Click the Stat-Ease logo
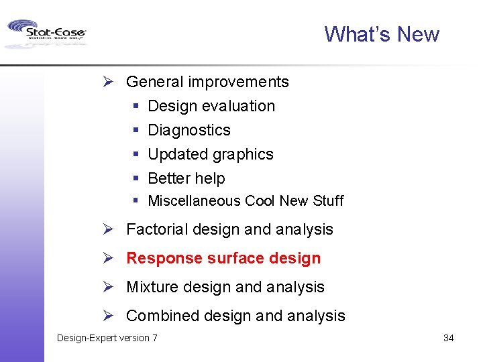pyautogui.click(x=46, y=33)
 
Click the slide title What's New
pyautogui.click(x=381, y=34)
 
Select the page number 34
pyautogui.click(x=448, y=338)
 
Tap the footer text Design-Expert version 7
pyautogui.click(x=107, y=338)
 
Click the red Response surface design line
pyautogui.click(x=223, y=258)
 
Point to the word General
pyautogui.click(x=154, y=82)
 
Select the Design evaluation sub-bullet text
pyautogui.click(x=211, y=106)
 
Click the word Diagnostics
pyautogui.click(x=189, y=130)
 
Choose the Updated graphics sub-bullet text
pyautogui.click(x=210, y=154)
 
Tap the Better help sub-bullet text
pyautogui.click(x=186, y=178)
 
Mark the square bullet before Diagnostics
pyautogui.click(x=135, y=130)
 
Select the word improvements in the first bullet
pyautogui.click(x=238, y=82)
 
